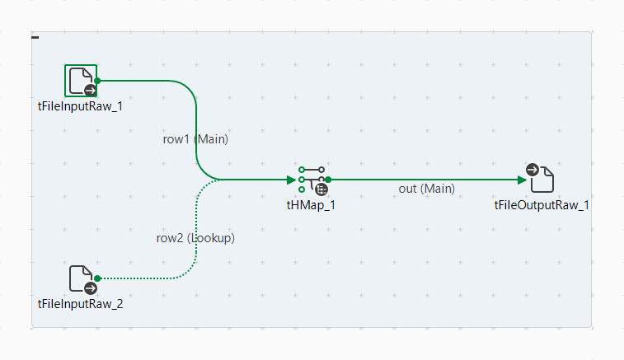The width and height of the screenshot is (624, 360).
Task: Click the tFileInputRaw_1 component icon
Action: (81, 81)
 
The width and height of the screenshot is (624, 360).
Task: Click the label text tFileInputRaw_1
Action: (81, 105)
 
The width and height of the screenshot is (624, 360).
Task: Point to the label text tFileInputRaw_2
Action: (81, 304)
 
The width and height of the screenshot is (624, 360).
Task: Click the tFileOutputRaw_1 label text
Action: (542, 204)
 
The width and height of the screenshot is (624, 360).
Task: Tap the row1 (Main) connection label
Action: (195, 139)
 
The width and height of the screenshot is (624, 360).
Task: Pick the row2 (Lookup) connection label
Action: (195, 238)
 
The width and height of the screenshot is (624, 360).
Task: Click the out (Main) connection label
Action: (426, 189)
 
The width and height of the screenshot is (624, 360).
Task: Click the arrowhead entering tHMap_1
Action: (291, 180)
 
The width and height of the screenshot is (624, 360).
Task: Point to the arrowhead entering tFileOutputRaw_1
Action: (521, 180)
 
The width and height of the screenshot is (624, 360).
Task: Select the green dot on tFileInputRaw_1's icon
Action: (97, 81)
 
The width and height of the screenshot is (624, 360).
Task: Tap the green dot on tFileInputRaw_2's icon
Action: (97, 278)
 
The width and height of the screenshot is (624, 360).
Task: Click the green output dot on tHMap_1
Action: (328, 179)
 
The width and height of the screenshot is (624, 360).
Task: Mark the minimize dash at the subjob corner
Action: (35, 37)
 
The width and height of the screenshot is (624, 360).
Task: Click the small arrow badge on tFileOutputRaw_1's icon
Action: (533, 170)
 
